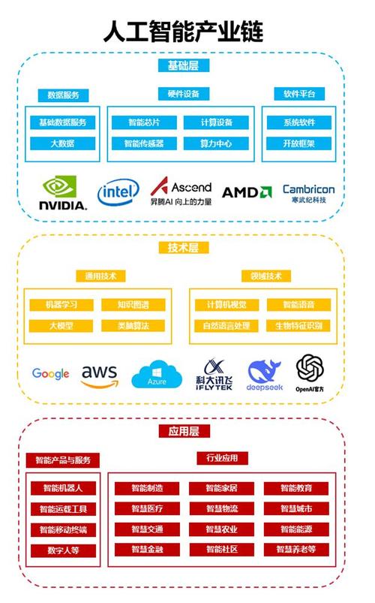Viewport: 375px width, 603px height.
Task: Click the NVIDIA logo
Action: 63,192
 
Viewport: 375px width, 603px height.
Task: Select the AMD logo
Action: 246,192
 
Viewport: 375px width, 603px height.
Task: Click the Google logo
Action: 50,374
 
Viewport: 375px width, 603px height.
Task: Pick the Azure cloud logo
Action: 157,375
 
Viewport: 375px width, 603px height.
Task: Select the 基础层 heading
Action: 184,65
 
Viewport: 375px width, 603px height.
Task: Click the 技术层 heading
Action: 184,247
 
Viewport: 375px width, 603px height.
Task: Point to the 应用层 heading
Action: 184,431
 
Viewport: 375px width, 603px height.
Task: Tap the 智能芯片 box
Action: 143,122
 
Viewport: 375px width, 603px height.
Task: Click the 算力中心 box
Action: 217,143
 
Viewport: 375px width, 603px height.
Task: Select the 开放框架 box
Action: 298,143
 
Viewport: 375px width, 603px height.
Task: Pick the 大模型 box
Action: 61,326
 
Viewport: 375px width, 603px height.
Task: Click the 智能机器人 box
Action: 62,488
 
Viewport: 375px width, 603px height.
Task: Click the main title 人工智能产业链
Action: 184,32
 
